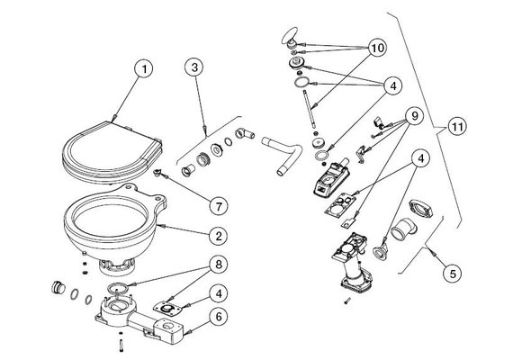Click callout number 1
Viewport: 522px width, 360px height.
click(x=141, y=67)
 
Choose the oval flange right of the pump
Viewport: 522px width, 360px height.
click(x=423, y=210)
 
